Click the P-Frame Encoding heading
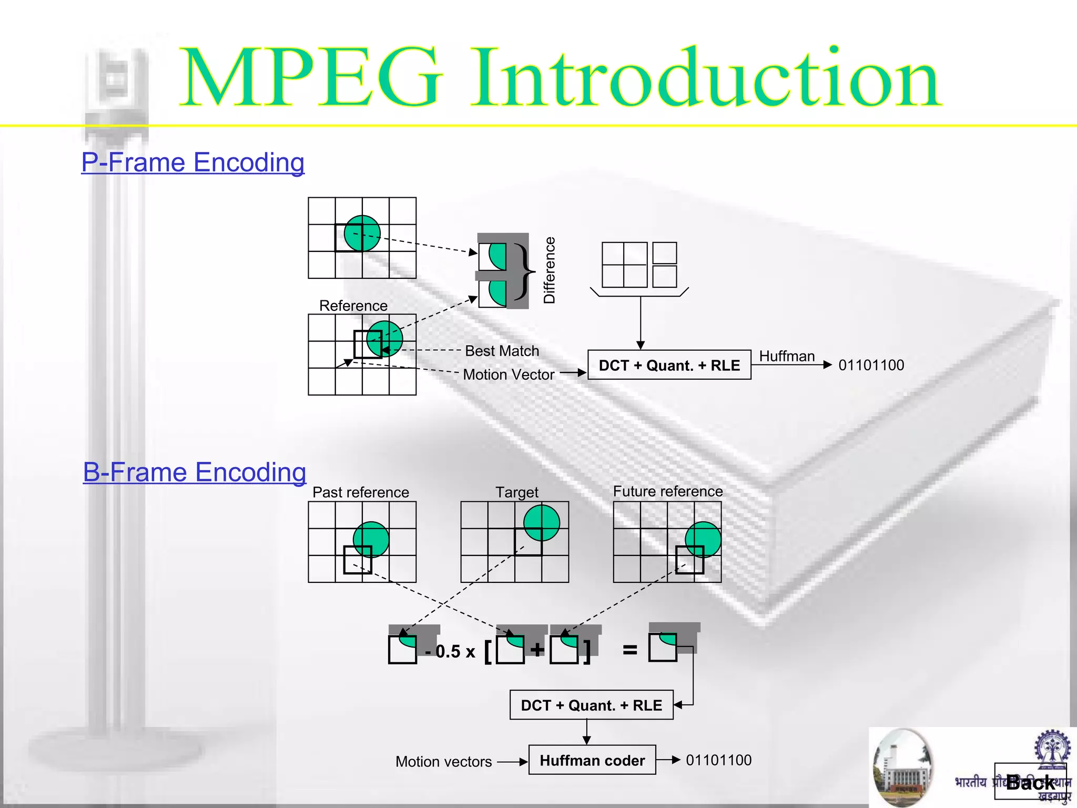pos(193,163)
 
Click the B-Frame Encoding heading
pos(195,472)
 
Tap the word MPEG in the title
pos(311,79)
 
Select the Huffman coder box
pos(592,760)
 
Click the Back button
pos(1030,783)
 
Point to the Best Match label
pos(502,351)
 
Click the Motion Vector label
pos(509,375)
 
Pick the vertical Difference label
pos(550,270)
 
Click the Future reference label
pos(668,491)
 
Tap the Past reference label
pos(361,492)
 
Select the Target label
pos(517,492)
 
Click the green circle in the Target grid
pos(542,522)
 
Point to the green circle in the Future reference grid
pos(704,539)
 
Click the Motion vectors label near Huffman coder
pos(443,762)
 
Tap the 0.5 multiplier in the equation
pos(448,652)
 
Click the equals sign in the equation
pos(630,651)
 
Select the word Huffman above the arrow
pos(787,356)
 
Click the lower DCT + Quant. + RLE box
pos(592,705)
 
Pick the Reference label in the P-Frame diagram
pos(353,306)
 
